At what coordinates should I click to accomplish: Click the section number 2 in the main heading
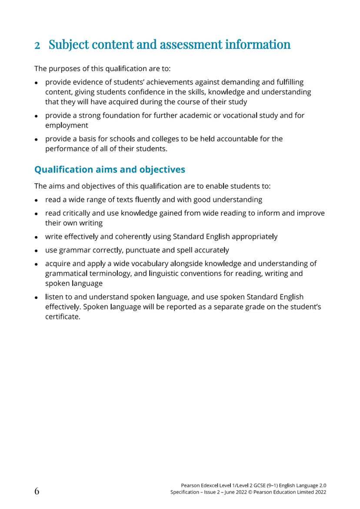[37, 45]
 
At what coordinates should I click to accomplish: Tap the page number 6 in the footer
[37, 491]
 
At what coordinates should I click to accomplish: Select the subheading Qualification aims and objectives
[110, 169]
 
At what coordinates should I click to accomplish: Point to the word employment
[67, 126]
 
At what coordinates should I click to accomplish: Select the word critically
[80, 213]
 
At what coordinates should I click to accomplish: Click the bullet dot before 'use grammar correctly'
[37, 251]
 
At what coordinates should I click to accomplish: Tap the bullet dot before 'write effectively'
[37, 237]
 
